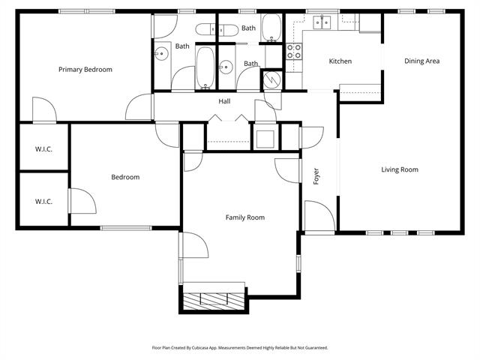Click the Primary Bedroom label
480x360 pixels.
pyautogui.click(x=85, y=70)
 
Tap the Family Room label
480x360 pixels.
pyautogui.click(x=245, y=217)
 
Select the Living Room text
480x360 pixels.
pyautogui.click(x=399, y=169)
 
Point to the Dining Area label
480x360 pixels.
pyautogui.click(x=421, y=61)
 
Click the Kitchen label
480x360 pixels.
pyautogui.click(x=340, y=61)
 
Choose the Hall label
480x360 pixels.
pyautogui.click(x=224, y=101)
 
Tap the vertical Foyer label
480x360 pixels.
pyautogui.click(x=316, y=177)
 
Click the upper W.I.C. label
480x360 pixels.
pyautogui.click(x=43, y=148)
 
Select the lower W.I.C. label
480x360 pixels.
pyautogui.click(x=43, y=201)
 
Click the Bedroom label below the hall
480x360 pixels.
pyautogui.click(x=125, y=177)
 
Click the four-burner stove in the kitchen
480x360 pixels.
pyautogui.click(x=295, y=52)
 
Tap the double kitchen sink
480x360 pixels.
pyautogui.click(x=322, y=22)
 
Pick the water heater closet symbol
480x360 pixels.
pyautogui.click(x=271, y=78)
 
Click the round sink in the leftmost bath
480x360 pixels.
pyautogui.click(x=161, y=53)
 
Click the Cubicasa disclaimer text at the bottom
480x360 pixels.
pyautogui.click(x=240, y=347)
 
